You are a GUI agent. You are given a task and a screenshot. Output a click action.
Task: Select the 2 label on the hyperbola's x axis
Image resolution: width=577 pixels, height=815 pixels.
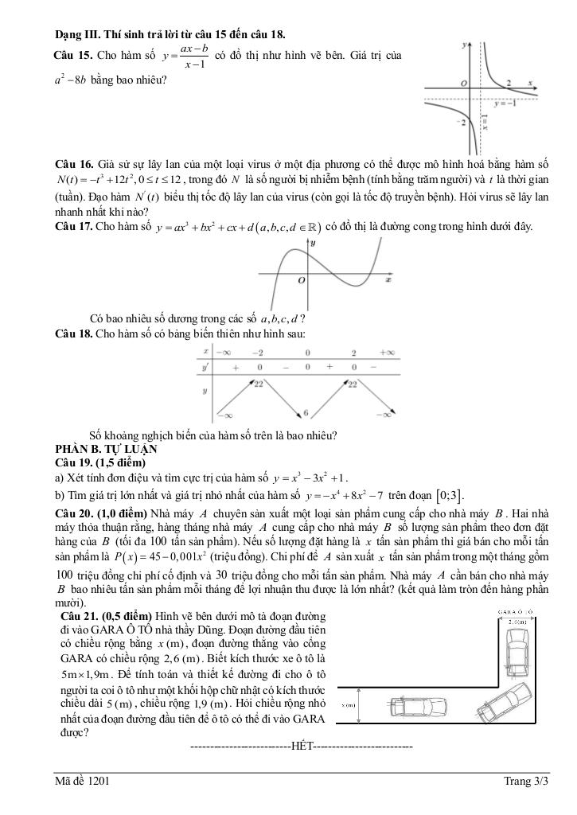[509, 83]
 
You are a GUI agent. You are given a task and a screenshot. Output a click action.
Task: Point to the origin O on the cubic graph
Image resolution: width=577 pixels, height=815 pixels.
[302, 281]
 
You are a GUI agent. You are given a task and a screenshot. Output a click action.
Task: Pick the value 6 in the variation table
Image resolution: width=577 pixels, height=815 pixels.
[306, 413]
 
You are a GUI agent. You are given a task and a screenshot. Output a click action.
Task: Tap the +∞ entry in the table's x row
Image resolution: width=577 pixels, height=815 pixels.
[388, 352]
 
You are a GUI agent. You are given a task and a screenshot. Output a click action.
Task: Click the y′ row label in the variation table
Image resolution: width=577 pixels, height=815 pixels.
[206, 367]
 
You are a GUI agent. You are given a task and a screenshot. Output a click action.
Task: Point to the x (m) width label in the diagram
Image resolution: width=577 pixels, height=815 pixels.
[348, 705]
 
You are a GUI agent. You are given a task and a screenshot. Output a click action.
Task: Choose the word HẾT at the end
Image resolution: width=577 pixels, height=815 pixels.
[302, 746]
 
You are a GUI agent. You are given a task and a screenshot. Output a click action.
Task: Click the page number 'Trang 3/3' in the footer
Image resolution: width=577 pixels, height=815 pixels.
[527, 782]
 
